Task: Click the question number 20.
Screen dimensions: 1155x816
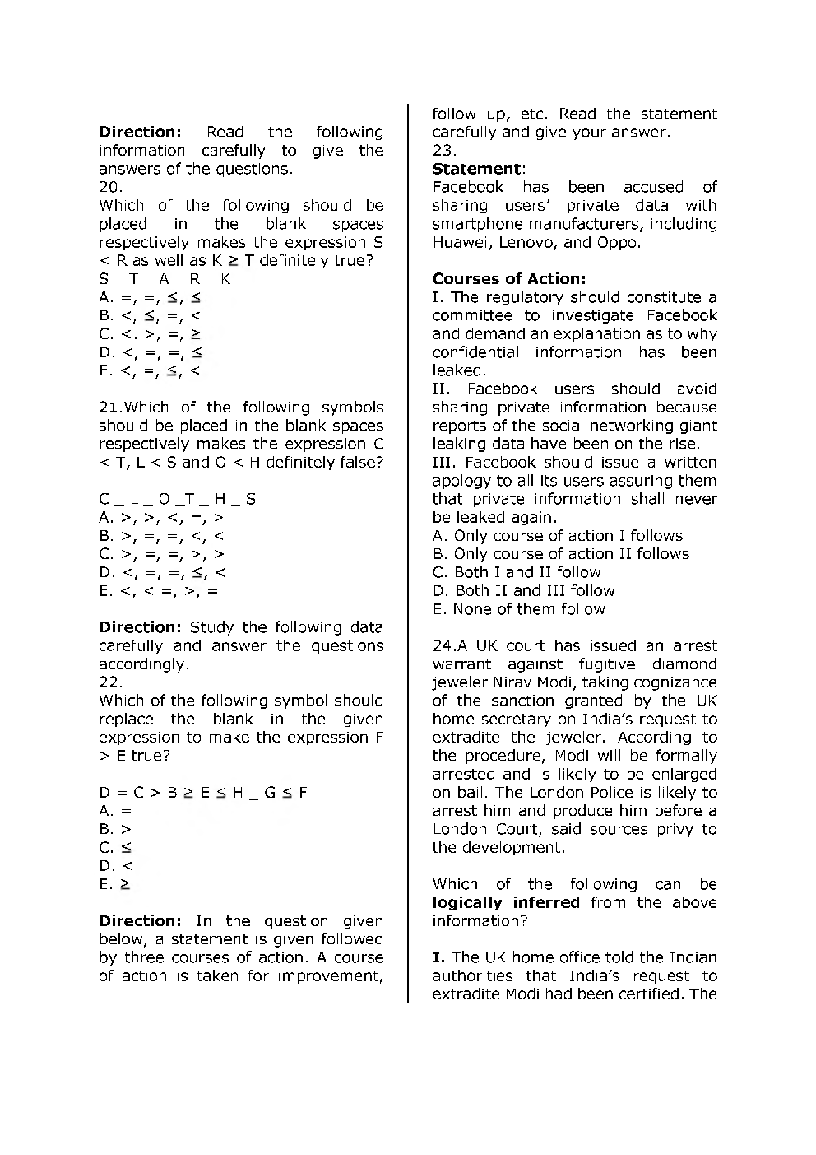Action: [110, 187]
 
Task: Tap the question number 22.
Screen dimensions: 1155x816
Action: [110, 682]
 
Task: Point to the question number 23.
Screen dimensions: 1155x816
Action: [444, 151]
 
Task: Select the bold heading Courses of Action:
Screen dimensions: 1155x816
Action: [509, 279]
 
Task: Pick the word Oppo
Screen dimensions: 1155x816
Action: [619, 242]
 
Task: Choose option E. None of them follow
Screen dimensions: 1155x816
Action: [518, 609]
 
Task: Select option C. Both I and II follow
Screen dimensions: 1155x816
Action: [517, 572]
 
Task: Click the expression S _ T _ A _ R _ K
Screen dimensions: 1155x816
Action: [165, 279]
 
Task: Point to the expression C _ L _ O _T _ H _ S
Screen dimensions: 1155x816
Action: [177, 499]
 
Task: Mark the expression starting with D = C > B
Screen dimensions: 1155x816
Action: [203, 793]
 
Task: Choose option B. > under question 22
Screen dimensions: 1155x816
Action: [115, 830]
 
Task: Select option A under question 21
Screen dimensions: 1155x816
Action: [160, 518]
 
